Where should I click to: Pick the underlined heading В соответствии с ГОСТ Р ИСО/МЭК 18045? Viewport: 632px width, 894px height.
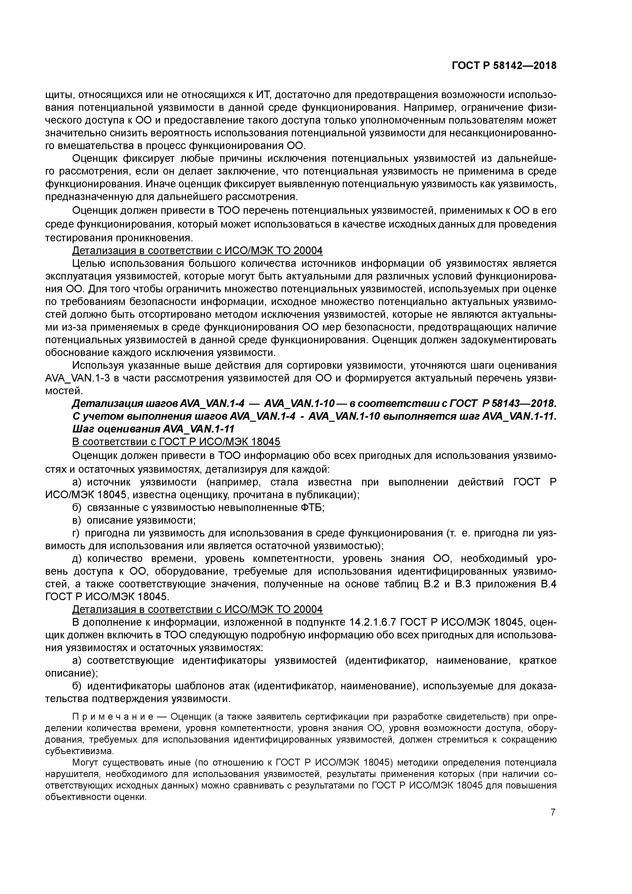coord(176,442)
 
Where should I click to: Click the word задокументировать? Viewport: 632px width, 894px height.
coord(509,340)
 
